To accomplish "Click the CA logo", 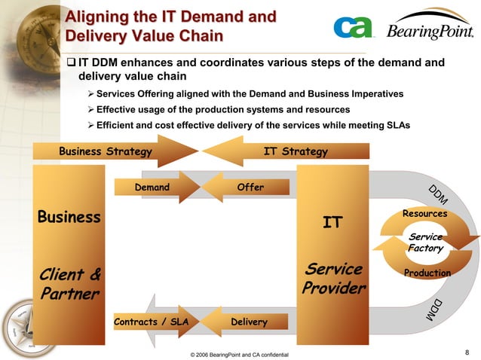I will pyautogui.click(x=353, y=29).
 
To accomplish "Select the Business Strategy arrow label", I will pyautogui.click(x=106, y=151).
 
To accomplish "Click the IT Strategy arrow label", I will pyautogui.click(x=296, y=151).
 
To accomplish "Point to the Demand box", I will pyautogui.click(x=152, y=187).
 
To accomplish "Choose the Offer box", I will pyautogui.click(x=250, y=187).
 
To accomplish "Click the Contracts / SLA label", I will pyautogui.click(x=151, y=322).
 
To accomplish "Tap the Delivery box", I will pyautogui.click(x=249, y=322).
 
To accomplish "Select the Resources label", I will pyautogui.click(x=425, y=214).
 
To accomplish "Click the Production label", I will pyautogui.click(x=426, y=273).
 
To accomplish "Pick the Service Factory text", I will pyautogui.click(x=425, y=243).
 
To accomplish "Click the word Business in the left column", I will pyautogui.click(x=69, y=217).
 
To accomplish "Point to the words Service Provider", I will pyautogui.click(x=334, y=279).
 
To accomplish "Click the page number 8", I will pyautogui.click(x=467, y=351).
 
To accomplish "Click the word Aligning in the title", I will pyautogui.click(x=93, y=17).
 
